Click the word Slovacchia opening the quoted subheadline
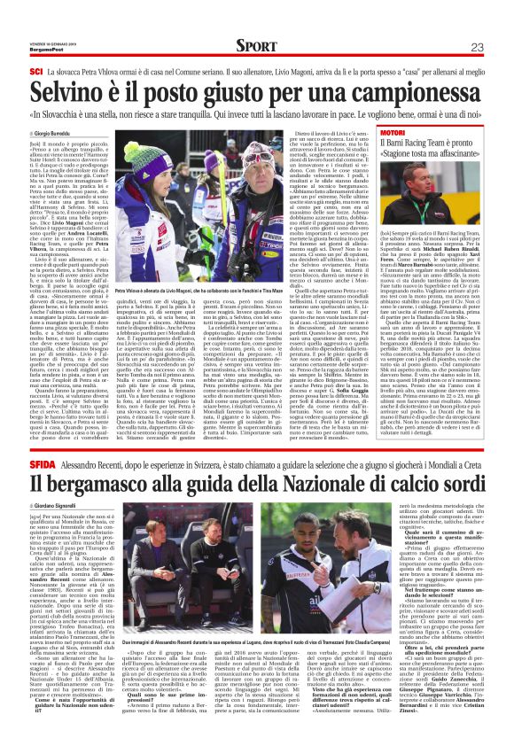click(81, 114)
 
